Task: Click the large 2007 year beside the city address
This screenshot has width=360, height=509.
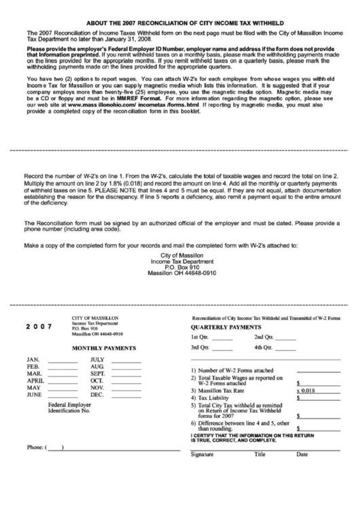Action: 38,325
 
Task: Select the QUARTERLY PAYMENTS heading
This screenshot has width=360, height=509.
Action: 230,326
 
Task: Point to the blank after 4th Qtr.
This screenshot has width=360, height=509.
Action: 285,348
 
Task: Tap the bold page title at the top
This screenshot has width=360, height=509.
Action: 180,22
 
